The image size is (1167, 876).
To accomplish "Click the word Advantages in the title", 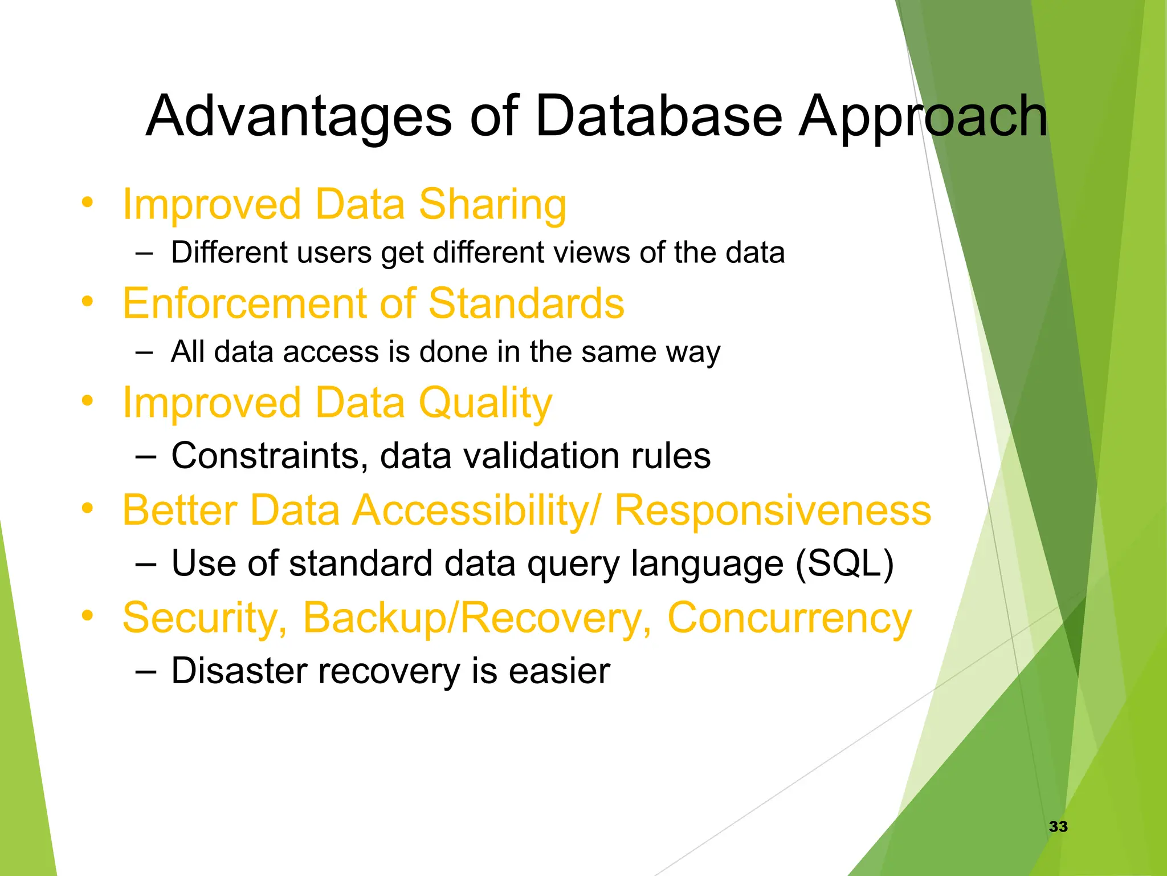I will pyautogui.click(x=299, y=117).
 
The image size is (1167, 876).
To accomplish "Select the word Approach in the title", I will pyautogui.click(x=922, y=117).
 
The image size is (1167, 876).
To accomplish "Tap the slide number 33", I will pyautogui.click(x=1058, y=826).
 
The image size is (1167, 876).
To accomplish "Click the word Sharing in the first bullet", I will pyautogui.click(x=492, y=205).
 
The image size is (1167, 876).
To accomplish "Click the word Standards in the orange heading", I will pyautogui.click(x=526, y=303).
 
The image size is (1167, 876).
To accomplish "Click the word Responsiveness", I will pyautogui.click(x=773, y=510).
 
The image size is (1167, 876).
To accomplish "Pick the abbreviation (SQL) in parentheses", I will pyautogui.click(x=844, y=563).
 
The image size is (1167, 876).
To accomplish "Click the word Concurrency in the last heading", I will pyautogui.click(x=789, y=618).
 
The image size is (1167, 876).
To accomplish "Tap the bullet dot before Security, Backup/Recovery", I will pyautogui.click(x=87, y=615).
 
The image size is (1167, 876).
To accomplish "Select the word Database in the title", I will pyautogui.click(x=658, y=117).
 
